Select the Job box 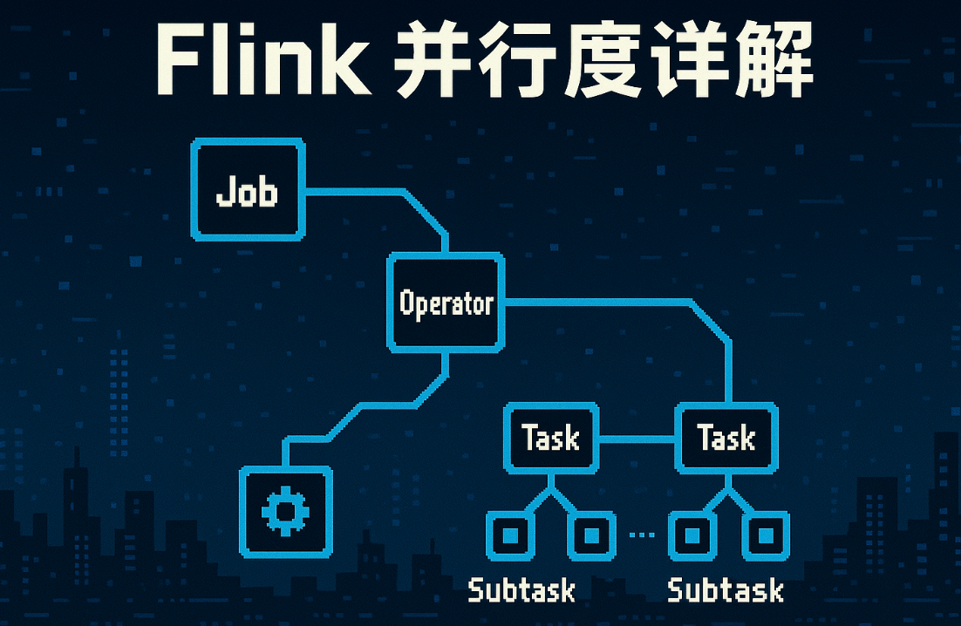(249, 189)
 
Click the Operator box (446, 303)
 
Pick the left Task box (550, 438)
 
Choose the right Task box (726, 438)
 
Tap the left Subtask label (521, 590)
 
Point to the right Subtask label (725, 590)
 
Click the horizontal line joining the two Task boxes (637, 439)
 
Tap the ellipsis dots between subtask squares (641, 534)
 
